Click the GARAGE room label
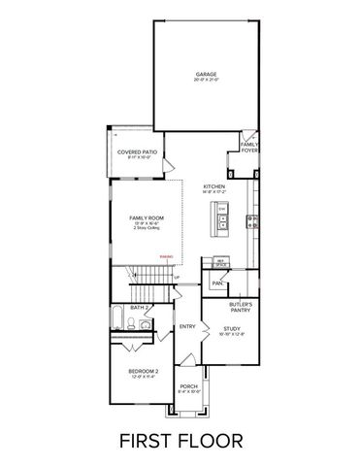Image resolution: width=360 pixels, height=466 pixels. [205, 74]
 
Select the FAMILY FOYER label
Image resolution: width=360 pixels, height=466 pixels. [249, 149]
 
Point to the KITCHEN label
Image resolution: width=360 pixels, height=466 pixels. [214, 187]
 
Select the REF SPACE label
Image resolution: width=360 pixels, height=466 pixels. [221, 262]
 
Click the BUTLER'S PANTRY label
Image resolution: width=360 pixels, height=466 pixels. [241, 308]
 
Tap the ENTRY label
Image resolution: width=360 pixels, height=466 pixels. [188, 326]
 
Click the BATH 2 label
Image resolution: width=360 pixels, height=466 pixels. [139, 308]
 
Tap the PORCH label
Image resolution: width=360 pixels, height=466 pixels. [188, 388]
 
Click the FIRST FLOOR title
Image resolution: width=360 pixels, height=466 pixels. [181, 441]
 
